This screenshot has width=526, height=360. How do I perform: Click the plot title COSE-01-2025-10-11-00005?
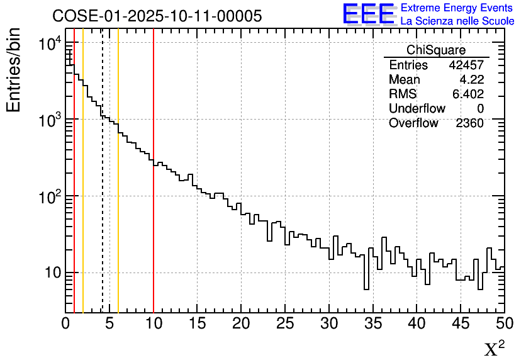(x=157, y=16)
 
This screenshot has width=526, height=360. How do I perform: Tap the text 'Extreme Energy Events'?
(x=457, y=8)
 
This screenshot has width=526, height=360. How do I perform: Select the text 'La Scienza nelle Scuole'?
(x=457, y=21)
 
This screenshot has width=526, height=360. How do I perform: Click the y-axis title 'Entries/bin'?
(x=13, y=70)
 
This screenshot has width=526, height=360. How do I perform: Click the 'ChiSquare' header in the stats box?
(x=436, y=50)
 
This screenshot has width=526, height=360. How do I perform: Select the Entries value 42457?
(x=466, y=65)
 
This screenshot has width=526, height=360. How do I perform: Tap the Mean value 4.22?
(x=471, y=80)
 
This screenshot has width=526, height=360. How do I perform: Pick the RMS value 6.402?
(x=468, y=94)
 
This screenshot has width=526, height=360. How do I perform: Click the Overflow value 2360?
(x=469, y=123)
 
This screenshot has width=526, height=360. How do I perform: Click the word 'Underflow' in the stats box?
(x=417, y=109)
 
